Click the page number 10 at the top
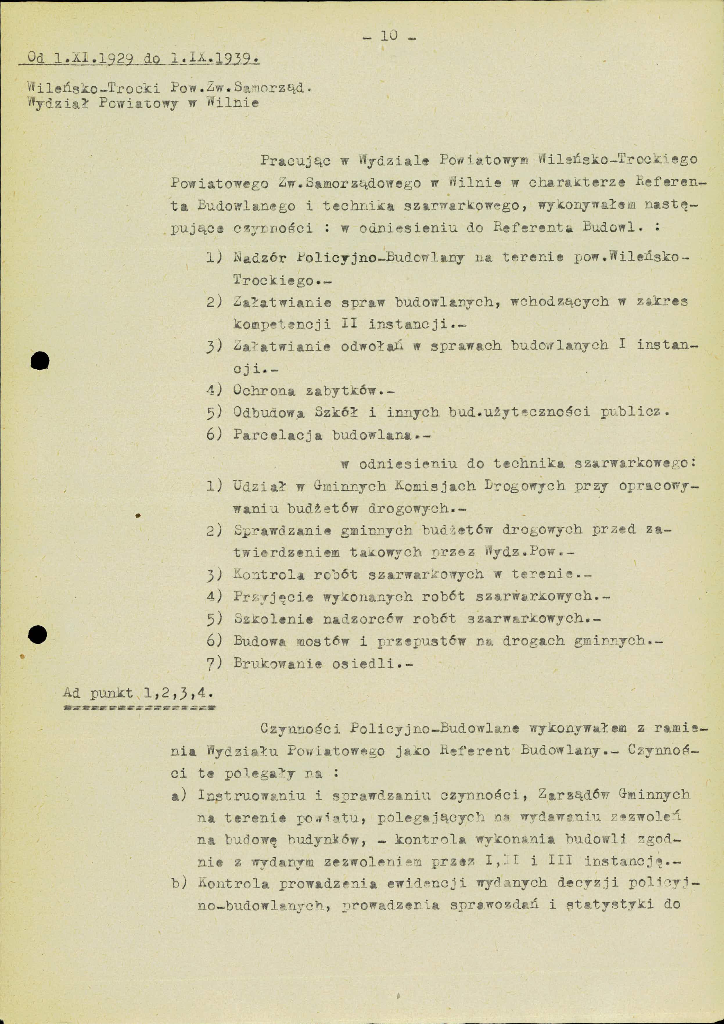point(389,36)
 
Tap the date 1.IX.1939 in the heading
point(215,58)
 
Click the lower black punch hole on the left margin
point(38,634)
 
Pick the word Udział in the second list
point(259,486)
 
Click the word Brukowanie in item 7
point(277,663)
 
